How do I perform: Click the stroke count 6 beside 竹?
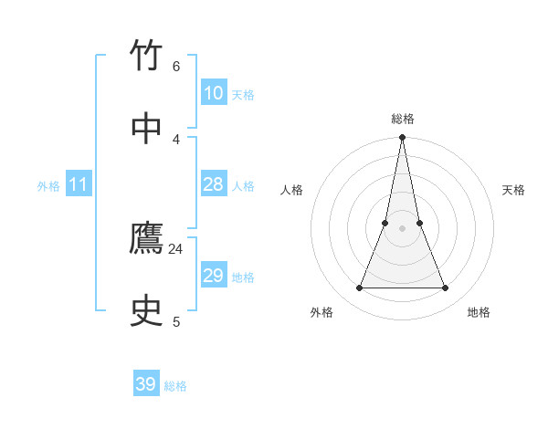176,67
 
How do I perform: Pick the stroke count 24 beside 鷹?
176,248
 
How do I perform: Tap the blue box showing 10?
213,93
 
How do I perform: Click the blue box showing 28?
213,184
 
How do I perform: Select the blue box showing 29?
213,276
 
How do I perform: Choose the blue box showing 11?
78,185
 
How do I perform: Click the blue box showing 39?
146,384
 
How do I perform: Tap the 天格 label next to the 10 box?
243,95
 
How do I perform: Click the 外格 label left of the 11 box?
48,186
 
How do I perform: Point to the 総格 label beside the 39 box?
175,386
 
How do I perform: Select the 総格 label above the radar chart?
403,119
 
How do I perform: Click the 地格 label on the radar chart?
479,312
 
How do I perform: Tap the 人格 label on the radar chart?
291,190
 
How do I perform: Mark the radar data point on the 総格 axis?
403,138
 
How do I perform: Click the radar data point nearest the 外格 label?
359,288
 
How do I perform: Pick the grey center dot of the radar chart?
403,228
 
